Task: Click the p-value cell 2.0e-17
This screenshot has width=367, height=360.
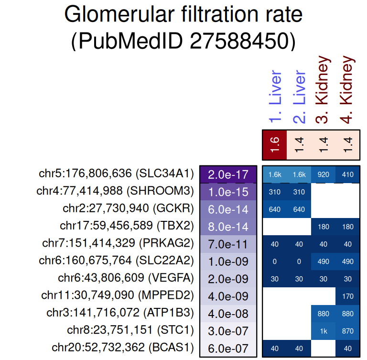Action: (x=228, y=174)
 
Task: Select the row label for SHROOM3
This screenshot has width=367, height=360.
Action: (x=115, y=192)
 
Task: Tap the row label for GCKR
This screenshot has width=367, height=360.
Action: (x=128, y=209)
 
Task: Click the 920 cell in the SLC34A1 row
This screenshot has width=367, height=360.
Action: (x=324, y=175)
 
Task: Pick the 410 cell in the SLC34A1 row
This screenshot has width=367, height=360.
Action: (x=348, y=175)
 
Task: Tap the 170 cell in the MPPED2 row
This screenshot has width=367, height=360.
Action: (x=348, y=296)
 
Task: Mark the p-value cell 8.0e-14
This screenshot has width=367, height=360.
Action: (x=228, y=227)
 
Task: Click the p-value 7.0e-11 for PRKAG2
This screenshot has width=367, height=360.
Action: (x=228, y=244)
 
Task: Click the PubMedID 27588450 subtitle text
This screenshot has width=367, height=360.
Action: (x=183, y=42)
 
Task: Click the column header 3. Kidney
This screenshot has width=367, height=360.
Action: (x=324, y=90)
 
